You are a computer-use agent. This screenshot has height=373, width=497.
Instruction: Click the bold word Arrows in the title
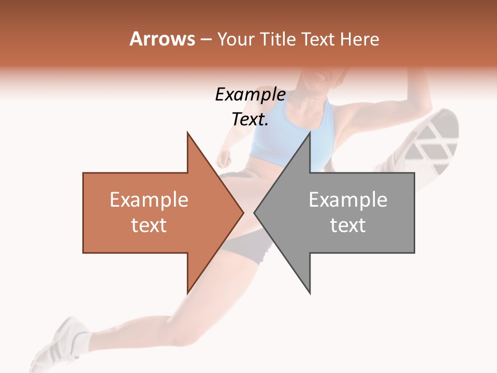pos(162,39)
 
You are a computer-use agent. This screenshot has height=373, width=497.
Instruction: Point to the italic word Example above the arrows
pos(250,95)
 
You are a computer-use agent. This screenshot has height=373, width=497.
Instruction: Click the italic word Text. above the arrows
pos(250,120)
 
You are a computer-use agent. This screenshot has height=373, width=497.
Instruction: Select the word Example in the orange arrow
pos(149,200)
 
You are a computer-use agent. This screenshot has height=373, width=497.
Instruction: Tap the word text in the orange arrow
pos(149,225)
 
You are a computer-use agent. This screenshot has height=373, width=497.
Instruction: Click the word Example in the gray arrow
pos(348,200)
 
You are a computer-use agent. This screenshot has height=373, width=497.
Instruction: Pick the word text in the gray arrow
pos(348,225)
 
